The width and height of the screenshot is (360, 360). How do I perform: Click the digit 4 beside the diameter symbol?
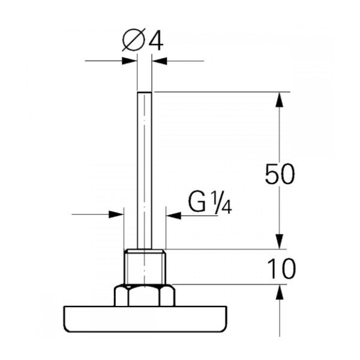tap(156, 41)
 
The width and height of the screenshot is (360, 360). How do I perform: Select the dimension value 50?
tap(280, 174)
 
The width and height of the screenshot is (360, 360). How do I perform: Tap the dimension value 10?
tap(282, 268)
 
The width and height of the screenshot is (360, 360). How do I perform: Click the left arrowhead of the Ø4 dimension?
tap(129, 61)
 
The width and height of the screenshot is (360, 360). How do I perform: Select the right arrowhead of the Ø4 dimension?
tap(160, 61)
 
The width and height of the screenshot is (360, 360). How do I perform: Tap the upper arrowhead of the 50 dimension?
tap(279, 100)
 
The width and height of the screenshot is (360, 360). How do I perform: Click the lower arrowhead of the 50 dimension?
tap(279, 242)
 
